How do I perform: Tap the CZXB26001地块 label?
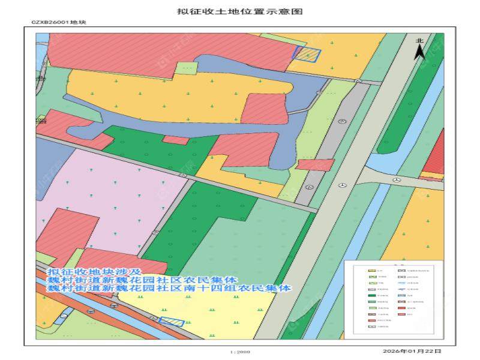[59, 23]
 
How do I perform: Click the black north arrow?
[421, 53]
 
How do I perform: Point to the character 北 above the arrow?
[420, 40]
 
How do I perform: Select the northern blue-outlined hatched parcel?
[307, 54]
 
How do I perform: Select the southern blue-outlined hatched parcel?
[172, 322]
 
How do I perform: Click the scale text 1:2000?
[240, 352]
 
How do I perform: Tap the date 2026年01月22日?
[411, 351]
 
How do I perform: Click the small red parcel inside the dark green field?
[176, 140]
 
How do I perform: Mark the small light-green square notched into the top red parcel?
[188, 69]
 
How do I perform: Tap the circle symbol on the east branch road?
[396, 179]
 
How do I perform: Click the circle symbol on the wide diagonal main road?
[342, 185]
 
